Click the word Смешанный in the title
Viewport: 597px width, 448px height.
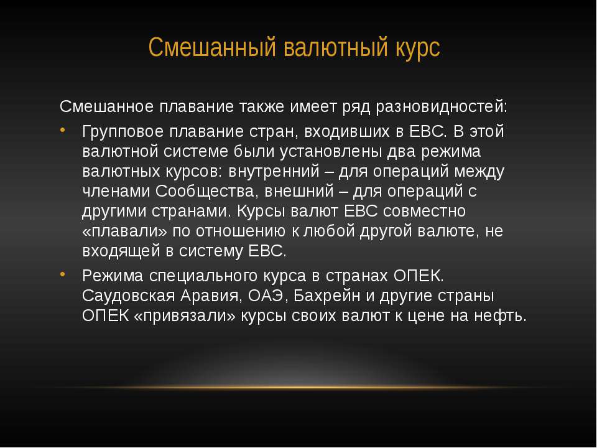click(x=212, y=47)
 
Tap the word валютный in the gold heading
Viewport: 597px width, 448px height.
click(x=335, y=47)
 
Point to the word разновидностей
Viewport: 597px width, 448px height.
click(x=442, y=107)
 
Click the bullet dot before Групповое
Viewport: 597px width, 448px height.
click(x=63, y=131)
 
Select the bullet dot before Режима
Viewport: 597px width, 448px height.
click(x=63, y=274)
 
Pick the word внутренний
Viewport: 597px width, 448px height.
click(x=274, y=172)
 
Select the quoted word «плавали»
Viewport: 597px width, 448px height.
click(x=124, y=231)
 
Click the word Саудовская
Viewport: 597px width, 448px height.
click(x=128, y=296)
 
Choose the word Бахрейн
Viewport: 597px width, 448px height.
click(x=326, y=296)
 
